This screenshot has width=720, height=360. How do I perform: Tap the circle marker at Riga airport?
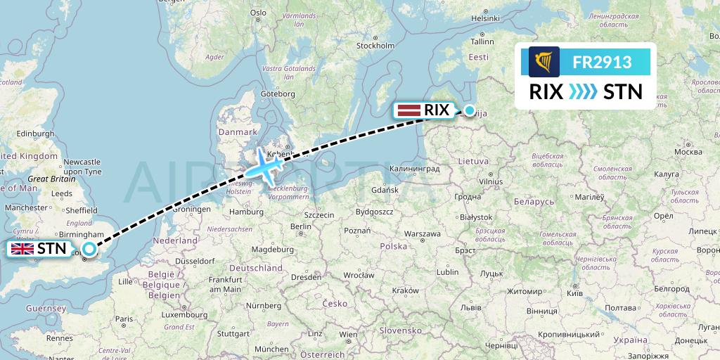tap(470, 110)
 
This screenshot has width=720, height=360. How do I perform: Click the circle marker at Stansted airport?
tap(89, 248)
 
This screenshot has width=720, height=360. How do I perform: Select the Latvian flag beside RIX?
tap(409, 110)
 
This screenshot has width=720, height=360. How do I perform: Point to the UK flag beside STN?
tap(22, 249)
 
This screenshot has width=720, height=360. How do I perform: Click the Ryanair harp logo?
tap(544, 62)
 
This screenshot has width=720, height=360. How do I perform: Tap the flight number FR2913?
tap(602, 62)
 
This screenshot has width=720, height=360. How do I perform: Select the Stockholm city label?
tap(375, 46)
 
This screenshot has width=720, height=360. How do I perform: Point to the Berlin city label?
tap(300, 226)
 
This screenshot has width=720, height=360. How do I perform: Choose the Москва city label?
tap(688, 151)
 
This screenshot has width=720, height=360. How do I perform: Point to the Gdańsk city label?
tap(385, 190)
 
